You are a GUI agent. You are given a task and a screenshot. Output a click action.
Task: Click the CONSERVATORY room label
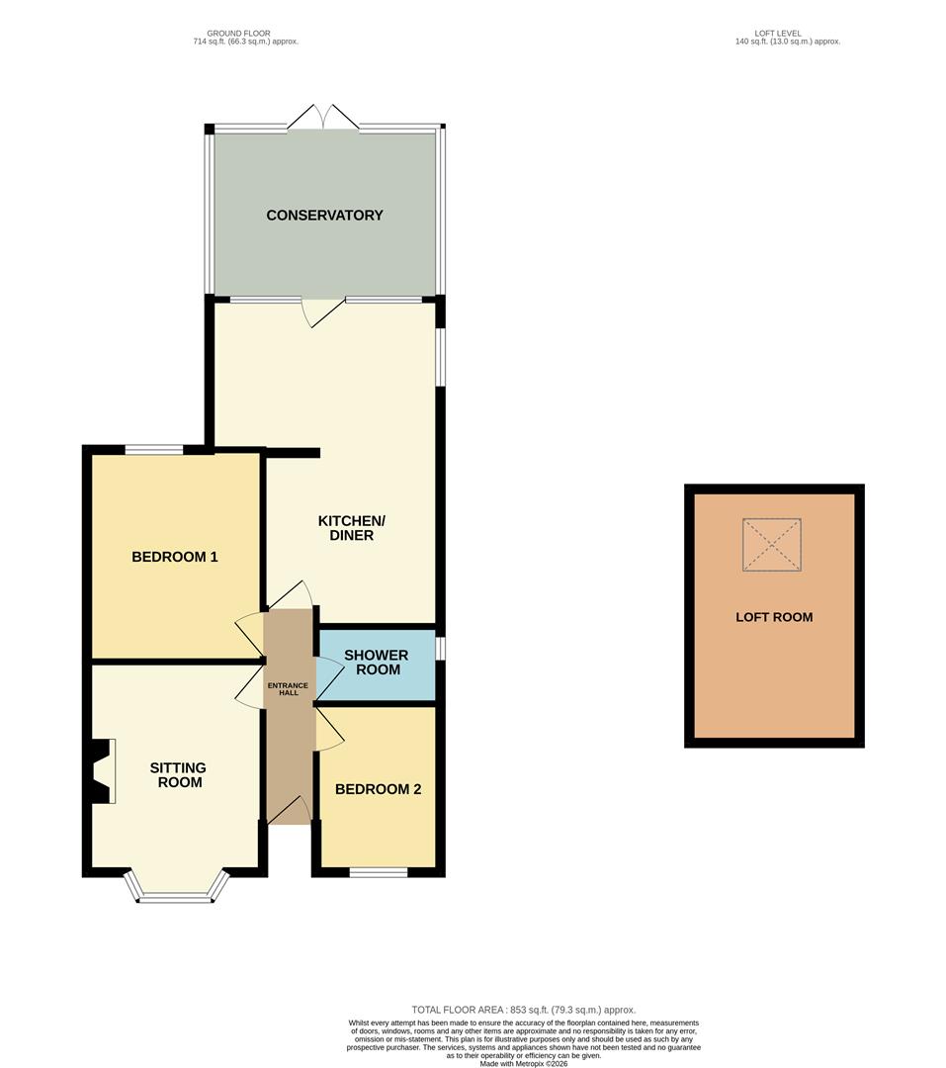[x=324, y=216]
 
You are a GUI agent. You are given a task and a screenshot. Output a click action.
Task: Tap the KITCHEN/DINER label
[x=352, y=528]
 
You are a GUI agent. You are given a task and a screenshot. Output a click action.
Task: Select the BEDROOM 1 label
[x=174, y=557]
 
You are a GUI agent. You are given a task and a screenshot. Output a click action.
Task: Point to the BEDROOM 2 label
[x=378, y=789]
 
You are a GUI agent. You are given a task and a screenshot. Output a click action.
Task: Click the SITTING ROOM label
[x=179, y=775]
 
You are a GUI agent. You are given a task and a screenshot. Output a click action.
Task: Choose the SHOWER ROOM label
[x=377, y=662]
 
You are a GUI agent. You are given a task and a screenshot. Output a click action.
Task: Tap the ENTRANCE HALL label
[x=288, y=689]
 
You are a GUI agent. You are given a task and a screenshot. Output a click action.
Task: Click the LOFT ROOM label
[x=774, y=617]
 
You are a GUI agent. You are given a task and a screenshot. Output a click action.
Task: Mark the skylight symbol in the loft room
[x=772, y=544]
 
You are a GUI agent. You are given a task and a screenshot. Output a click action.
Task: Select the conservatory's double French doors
[x=323, y=117]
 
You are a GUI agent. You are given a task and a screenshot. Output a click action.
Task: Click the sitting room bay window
[x=179, y=887]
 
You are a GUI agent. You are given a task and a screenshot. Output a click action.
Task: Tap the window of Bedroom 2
[x=379, y=872]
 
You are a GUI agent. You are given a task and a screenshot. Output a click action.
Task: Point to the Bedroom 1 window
[x=154, y=449]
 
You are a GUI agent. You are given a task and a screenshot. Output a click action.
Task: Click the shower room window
[x=440, y=649]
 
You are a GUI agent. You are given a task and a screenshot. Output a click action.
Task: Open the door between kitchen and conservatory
[x=324, y=311]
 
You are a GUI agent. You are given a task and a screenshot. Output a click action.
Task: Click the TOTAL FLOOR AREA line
[x=523, y=1010]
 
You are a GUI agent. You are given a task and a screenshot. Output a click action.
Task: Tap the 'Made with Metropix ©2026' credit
[x=523, y=1063]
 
